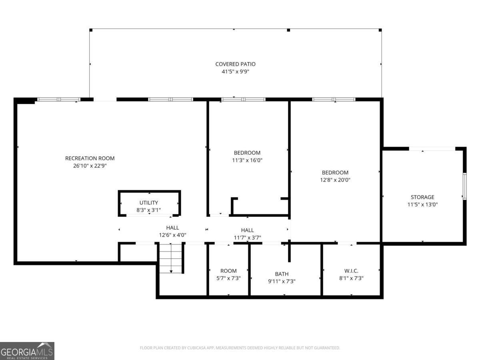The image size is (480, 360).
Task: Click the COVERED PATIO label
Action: click(x=235, y=64)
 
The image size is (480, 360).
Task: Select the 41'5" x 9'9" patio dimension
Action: click(x=235, y=72)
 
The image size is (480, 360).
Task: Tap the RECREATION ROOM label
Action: click(x=90, y=158)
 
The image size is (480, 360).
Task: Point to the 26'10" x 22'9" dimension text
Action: click(x=90, y=166)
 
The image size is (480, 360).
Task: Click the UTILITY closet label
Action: click(x=149, y=203)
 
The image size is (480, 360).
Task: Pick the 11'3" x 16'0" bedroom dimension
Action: click(x=247, y=160)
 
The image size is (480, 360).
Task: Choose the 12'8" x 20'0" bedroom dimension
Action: click(x=335, y=180)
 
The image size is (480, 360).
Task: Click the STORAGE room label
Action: click(x=422, y=197)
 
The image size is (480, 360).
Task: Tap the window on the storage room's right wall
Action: click(x=465, y=186)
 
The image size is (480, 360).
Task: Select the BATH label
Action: click(x=282, y=274)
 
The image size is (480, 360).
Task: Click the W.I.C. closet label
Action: click(x=351, y=271)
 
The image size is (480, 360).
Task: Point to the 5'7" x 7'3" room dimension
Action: click(x=228, y=278)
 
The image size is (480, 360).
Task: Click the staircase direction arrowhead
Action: click(x=171, y=272)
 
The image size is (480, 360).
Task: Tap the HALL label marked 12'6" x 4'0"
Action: click(x=172, y=228)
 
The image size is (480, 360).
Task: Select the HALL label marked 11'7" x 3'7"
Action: click(x=247, y=230)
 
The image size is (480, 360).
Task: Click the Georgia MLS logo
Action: click(x=27, y=351)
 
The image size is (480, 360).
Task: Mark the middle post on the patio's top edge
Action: click(x=288, y=30)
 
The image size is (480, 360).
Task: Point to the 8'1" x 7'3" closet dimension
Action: click(x=351, y=278)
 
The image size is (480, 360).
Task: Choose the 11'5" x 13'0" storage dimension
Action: click(x=422, y=204)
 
